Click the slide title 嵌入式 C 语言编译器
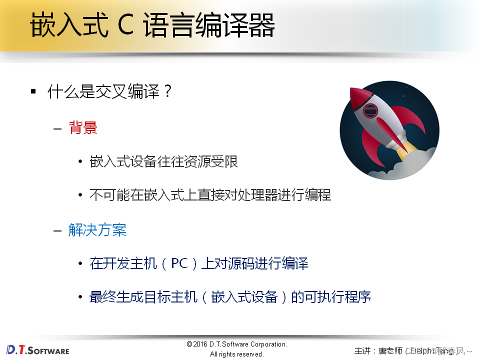click(x=152, y=26)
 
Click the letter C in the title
click(x=126, y=26)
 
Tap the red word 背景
click(x=83, y=128)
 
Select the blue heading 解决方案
click(x=97, y=230)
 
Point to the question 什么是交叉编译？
click(x=110, y=92)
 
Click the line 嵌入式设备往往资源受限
click(x=163, y=161)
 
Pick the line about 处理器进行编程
click(x=210, y=194)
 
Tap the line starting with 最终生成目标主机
click(x=230, y=297)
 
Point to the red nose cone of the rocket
click(x=356, y=95)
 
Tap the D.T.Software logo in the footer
click(x=38, y=350)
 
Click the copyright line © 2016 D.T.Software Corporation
click(x=236, y=344)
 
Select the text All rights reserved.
click(x=236, y=354)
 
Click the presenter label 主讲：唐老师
click(x=378, y=350)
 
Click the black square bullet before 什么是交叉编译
click(x=33, y=92)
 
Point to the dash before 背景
click(x=57, y=128)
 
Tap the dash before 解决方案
click(x=57, y=230)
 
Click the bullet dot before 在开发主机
click(x=80, y=263)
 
